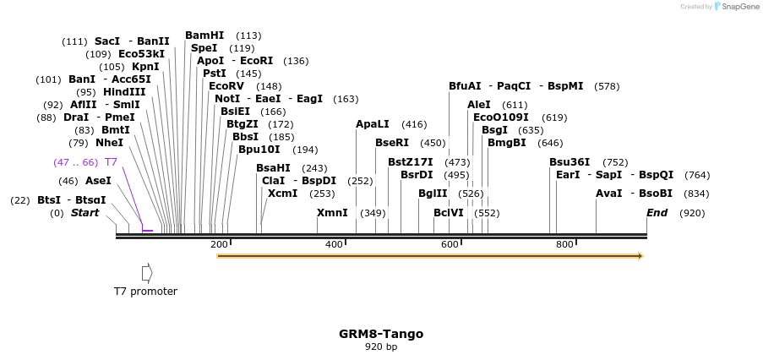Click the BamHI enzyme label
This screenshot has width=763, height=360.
click(x=204, y=35)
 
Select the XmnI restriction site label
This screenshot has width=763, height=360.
click(x=332, y=213)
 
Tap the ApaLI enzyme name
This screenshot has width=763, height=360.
click(x=372, y=124)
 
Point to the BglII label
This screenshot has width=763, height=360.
click(x=433, y=194)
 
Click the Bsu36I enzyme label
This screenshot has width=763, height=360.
click(x=570, y=162)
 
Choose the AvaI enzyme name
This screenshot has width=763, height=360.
click(x=608, y=194)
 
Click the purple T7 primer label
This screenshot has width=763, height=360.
click(x=111, y=162)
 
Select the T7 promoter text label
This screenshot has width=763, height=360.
click(x=145, y=292)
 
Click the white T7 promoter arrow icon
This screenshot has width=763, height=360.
click(x=147, y=273)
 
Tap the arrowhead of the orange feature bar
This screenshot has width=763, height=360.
click(x=640, y=256)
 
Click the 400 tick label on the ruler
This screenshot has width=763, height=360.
click(x=334, y=245)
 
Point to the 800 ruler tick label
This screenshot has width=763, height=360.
click(x=564, y=245)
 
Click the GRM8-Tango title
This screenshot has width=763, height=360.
click(x=381, y=334)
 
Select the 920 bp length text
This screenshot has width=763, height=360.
click(x=381, y=347)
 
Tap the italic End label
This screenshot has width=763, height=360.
click(x=657, y=213)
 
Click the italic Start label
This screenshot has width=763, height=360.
click(x=84, y=213)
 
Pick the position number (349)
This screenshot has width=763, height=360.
click(x=373, y=213)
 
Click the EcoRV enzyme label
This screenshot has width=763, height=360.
click(x=226, y=86)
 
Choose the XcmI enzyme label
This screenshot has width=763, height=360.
click(x=282, y=194)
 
